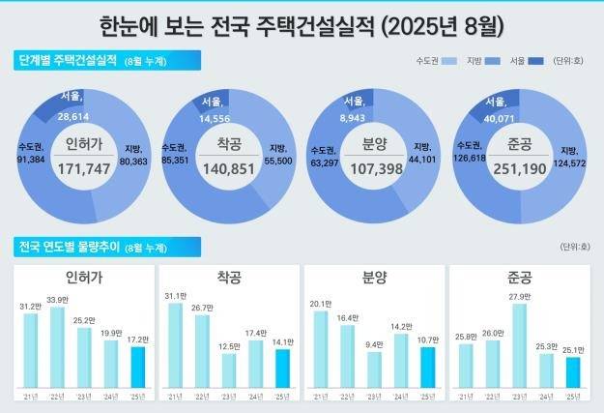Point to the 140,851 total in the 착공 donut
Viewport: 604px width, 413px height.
[x=227, y=168]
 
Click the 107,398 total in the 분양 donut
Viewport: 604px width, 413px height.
[x=373, y=168]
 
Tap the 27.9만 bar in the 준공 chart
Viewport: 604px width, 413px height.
[x=519, y=344]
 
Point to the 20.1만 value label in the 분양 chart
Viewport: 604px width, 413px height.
[x=320, y=304]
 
